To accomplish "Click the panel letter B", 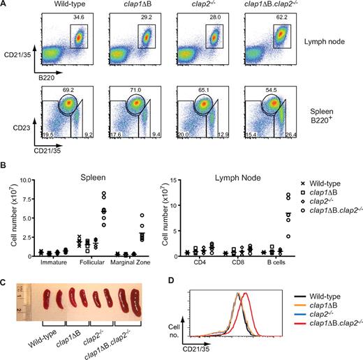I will pyautogui.click(x=4, y=167).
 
